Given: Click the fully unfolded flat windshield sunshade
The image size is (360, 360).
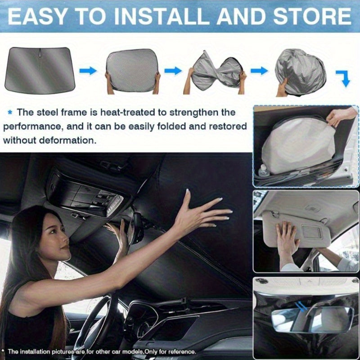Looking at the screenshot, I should [x=40, y=70].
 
